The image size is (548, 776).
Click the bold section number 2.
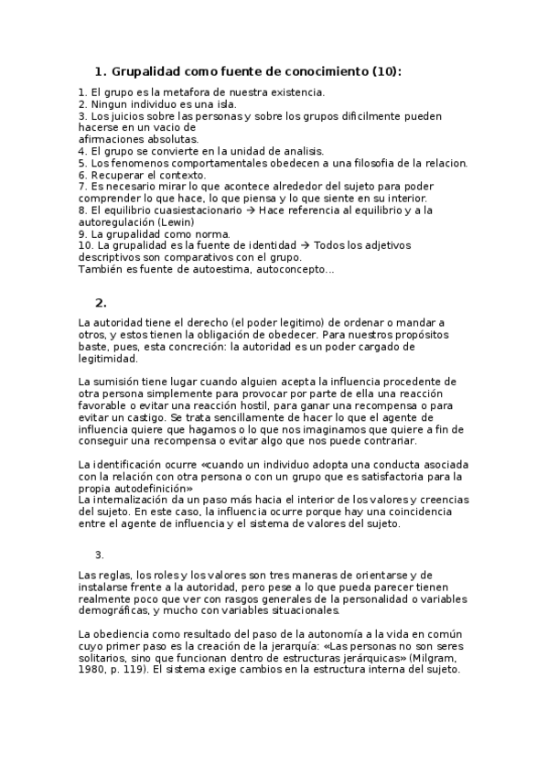[101, 303]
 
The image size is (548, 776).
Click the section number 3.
[100, 555]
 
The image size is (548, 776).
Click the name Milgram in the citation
[443, 656]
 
